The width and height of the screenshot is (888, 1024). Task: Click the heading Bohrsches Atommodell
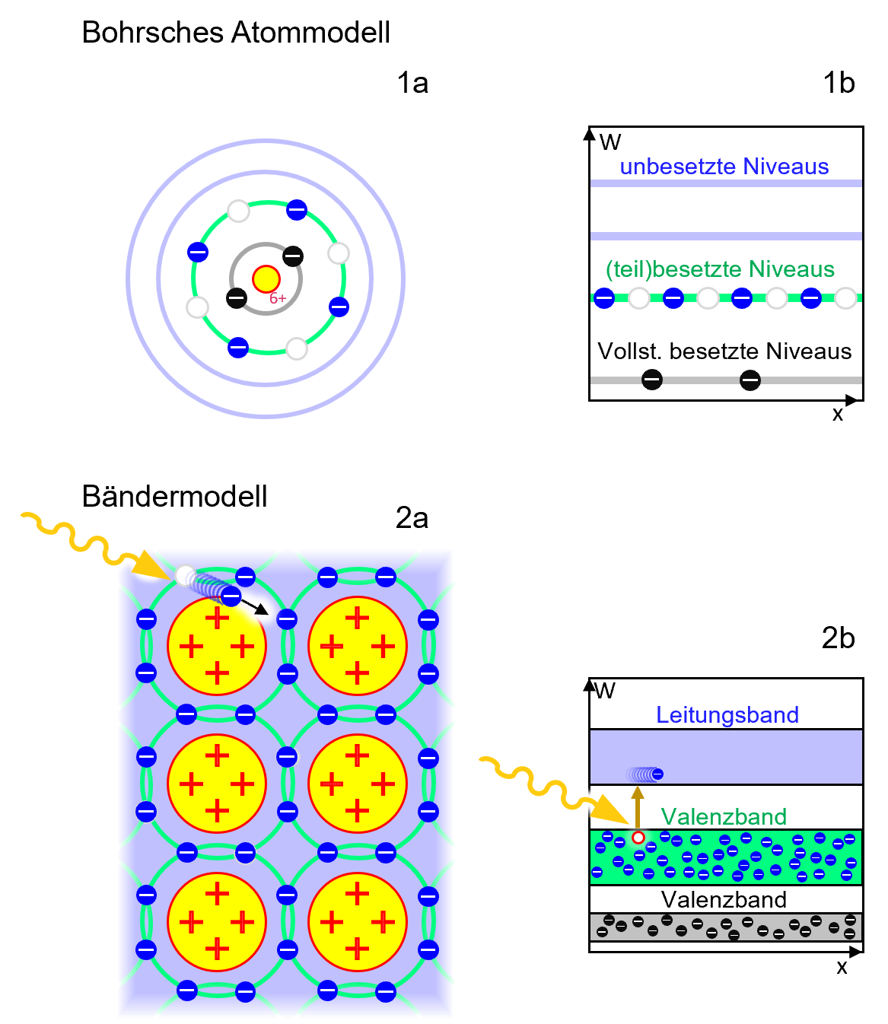pyautogui.click(x=236, y=33)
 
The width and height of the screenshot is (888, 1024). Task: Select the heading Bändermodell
pyautogui.click(x=174, y=497)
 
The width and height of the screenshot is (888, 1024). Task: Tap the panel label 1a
pyautogui.click(x=412, y=83)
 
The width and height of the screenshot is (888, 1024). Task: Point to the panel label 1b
pyautogui.click(x=839, y=83)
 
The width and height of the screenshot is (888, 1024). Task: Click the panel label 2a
pyautogui.click(x=412, y=518)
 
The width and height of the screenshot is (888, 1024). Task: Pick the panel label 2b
pyautogui.click(x=838, y=638)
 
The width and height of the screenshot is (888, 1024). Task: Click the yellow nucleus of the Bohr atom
pyautogui.click(x=266, y=279)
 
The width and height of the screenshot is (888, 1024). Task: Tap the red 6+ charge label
pyautogui.click(x=278, y=299)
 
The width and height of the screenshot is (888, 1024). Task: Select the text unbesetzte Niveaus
pyautogui.click(x=724, y=167)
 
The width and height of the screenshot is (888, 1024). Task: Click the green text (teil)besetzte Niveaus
pyautogui.click(x=720, y=269)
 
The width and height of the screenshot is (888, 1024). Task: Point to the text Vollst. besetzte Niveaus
pyautogui.click(x=724, y=351)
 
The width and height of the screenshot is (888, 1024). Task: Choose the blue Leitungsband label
pyautogui.click(x=727, y=715)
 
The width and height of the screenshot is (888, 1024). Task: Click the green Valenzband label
pyautogui.click(x=724, y=817)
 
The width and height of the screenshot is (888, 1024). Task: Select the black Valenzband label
pyautogui.click(x=724, y=900)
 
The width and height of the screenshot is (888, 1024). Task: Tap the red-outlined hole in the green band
pyautogui.click(x=638, y=838)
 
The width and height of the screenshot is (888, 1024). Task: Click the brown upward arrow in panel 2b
pyautogui.click(x=638, y=806)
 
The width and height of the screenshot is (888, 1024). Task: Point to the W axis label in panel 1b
pyautogui.click(x=610, y=142)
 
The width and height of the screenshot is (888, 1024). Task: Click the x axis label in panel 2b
pyautogui.click(x=842, y=968)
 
